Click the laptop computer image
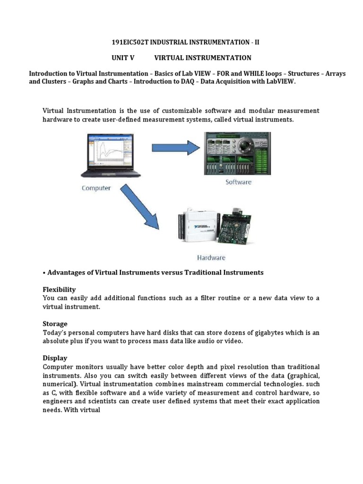[x=109, y=156]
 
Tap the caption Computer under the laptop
[x=96, y=188]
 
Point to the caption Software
[x=238, y=182]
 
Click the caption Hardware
[x=211, y=258]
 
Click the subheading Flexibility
[x=59, y=289]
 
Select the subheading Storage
[x=55, y=324]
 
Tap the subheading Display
[x=55, y=358]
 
